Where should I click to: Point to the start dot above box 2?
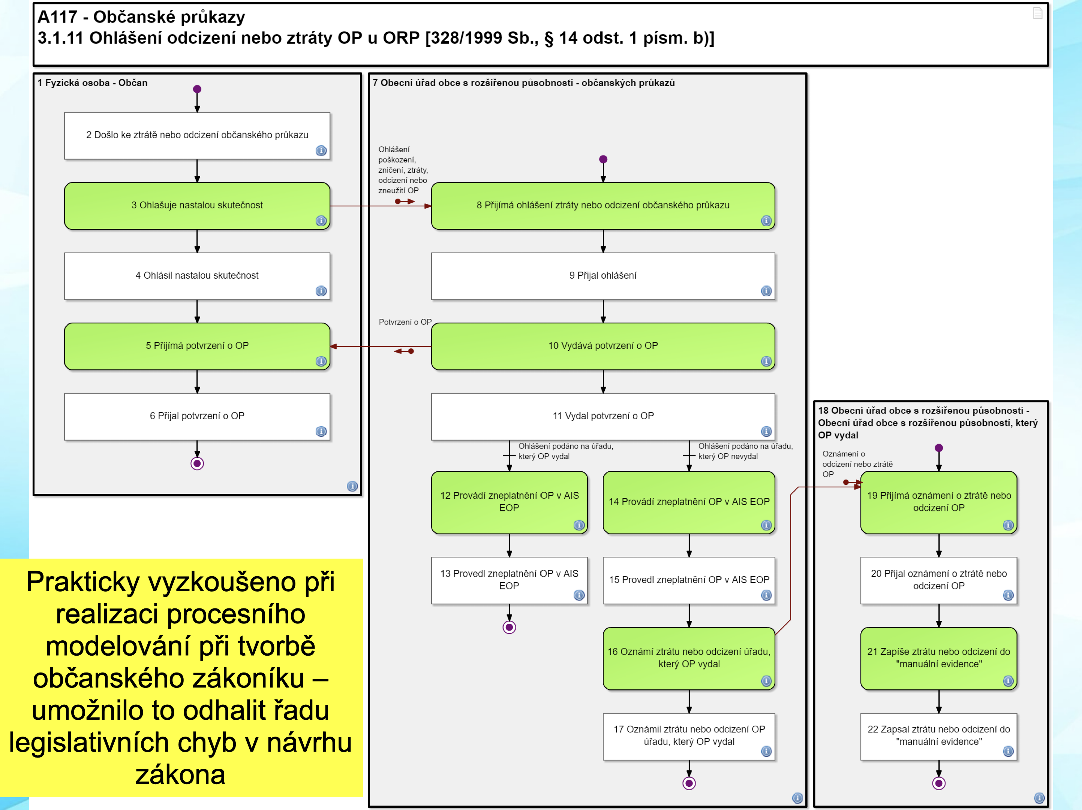(x=197, y=89)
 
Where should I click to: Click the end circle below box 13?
(x=509, y=627)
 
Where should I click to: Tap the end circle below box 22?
(x=939, y=783)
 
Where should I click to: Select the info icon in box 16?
(x=766, y=681)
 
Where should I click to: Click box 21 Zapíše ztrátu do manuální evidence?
(x=939, y=658)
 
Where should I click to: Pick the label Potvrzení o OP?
(x=405, y=322)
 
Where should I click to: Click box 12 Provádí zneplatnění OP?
(x=509, y=502)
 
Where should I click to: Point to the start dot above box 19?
(x=939, y=448)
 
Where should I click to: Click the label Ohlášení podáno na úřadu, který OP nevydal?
(x=745, y=451)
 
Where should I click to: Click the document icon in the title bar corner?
(x=1037, y=13)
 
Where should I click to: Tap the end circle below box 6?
(x=197, y=463)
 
